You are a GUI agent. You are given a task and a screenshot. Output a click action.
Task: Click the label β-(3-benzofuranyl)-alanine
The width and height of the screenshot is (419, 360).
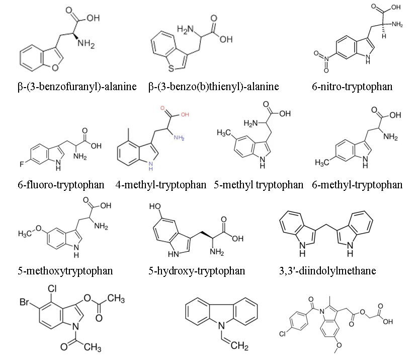click(x=77, y=87)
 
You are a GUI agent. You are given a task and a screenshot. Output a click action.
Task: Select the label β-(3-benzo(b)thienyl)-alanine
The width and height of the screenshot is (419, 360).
click(x=214, y=87)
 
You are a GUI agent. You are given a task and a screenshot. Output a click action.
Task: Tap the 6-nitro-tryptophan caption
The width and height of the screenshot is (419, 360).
click(x=352, y=87)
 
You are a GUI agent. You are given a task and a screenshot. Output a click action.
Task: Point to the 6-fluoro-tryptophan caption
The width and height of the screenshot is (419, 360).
click(x=61, y=185)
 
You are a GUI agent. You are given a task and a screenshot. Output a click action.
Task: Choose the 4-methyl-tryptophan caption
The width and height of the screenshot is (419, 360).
click(x=161, y=185)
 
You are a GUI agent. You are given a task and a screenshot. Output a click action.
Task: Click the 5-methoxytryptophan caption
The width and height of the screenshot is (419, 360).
click(x=65, y=271)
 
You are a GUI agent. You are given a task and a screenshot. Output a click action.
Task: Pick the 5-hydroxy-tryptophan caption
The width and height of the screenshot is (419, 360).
click(x=197, y=271)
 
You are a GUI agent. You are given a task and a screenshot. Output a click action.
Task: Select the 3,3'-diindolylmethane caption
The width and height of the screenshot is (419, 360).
click(x=327, y=271)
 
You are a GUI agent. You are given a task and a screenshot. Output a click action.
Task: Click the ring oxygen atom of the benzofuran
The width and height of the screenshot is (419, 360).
click(x=55, y=67)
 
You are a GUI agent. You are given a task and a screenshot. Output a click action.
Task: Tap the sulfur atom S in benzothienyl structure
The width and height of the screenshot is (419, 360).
click(x=172, y=69)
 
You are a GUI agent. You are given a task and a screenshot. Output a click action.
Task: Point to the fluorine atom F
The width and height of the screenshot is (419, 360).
click(x=22, y=164)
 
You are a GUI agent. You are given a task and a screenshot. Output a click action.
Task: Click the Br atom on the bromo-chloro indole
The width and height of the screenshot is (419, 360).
click(x=24, y=302)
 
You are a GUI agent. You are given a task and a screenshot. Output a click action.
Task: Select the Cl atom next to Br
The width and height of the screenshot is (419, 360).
click(x=52, y=289)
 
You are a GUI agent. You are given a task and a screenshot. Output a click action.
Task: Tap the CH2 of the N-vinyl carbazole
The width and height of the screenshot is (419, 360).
click(x=239, y=345)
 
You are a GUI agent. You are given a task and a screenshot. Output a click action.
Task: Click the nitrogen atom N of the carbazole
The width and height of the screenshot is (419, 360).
click(x=221, y=326)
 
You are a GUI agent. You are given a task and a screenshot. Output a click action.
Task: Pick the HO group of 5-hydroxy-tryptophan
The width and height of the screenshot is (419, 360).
click(x=155, y=206)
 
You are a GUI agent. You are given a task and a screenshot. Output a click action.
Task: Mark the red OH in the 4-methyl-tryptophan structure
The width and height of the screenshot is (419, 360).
click(x=185, y=115)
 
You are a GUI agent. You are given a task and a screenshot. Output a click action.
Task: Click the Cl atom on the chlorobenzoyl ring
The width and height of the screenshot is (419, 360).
click(x=283, y=334)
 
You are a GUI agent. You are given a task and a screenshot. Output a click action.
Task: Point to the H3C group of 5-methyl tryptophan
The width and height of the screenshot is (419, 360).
click(x=224, y=132)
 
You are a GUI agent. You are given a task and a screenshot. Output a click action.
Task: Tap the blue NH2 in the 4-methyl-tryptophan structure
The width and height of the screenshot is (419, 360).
click(x=179, y=138)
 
